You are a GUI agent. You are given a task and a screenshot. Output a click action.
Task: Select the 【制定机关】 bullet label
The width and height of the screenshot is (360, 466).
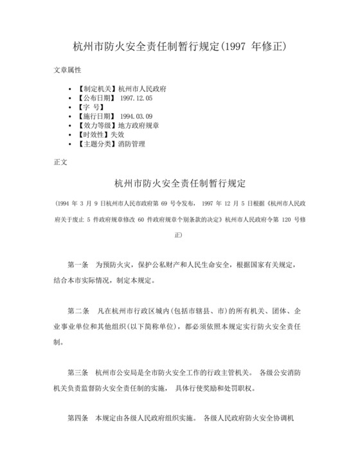pos(95,88)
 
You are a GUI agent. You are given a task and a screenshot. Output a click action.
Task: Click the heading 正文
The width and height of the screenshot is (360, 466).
pos(60,162)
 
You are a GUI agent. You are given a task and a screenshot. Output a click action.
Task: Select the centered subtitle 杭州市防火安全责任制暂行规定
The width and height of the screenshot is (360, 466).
pos(180,183)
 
